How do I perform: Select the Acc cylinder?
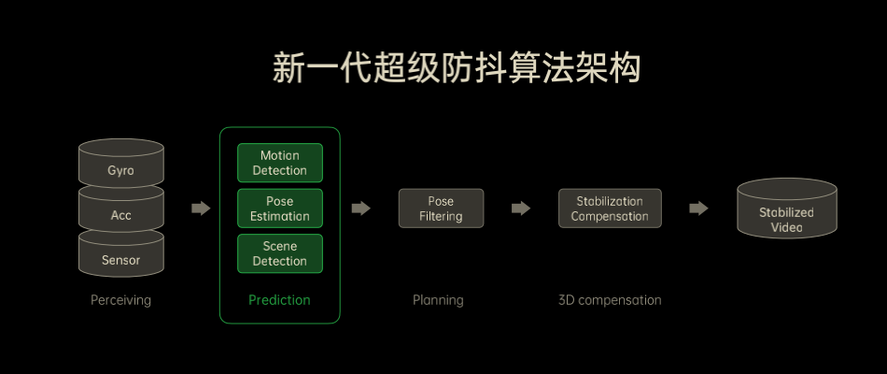click(121, 215)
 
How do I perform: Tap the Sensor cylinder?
click(121, 260)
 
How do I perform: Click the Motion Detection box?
click(280, 163)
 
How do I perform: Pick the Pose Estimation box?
click(280, 209)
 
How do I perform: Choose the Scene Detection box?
click(280, 253)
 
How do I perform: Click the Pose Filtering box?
click(441, 209)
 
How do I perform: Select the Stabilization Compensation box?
click(610, 209)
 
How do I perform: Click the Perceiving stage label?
click(120, 300)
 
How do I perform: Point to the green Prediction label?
click(279, 300)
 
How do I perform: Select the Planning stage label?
click(438, 300)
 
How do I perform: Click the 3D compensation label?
click(610, 300)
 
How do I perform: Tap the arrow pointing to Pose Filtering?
click(360, 209)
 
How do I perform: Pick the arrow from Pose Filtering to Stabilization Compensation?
click(521, 209)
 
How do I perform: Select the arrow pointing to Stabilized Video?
click(698, 209)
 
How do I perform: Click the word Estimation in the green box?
click(280, 216)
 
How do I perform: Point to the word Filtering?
click(441, 216)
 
